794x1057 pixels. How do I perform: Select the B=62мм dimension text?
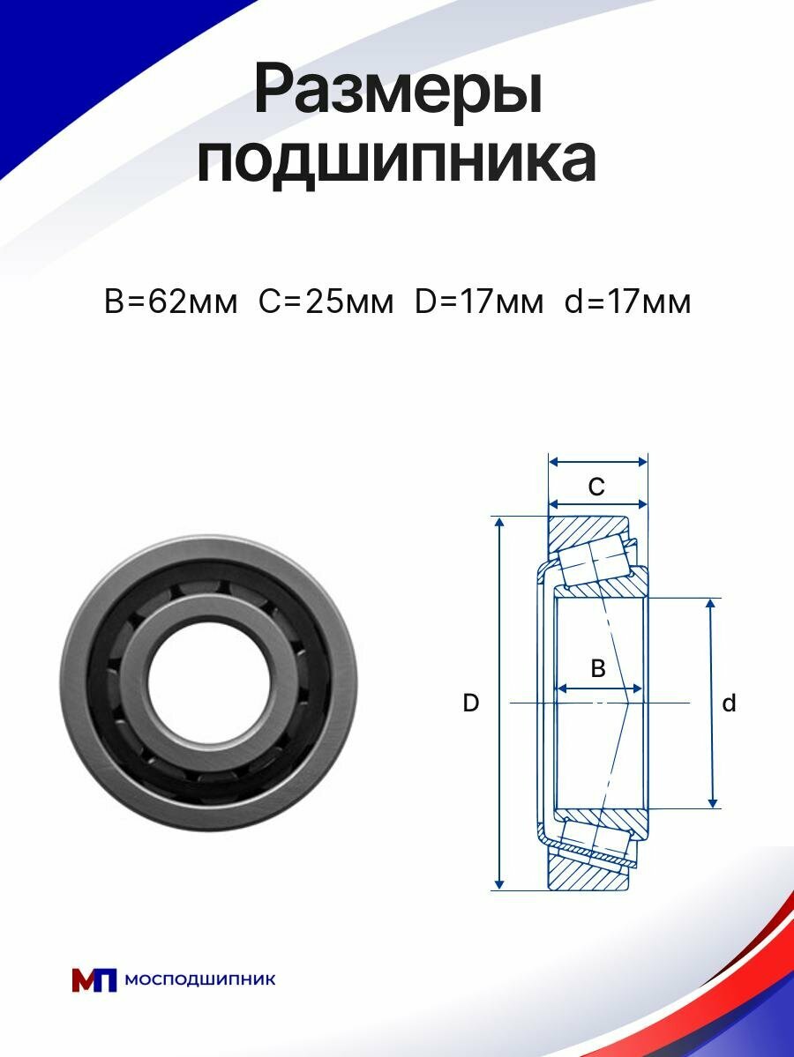click(x=170, y=301)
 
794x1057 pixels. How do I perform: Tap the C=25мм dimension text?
click(x=326, y=301)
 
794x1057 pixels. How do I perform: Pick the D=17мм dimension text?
click(x=478, y=301)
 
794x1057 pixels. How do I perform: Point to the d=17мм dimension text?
click(x=627, y=301)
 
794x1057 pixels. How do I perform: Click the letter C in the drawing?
click(x=596, y=487)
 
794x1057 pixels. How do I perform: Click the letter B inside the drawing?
click(x=597, y=668)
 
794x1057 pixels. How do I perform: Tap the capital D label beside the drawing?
click(x=471, y=703)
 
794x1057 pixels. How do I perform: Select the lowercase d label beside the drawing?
click(x=729, y=703)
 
